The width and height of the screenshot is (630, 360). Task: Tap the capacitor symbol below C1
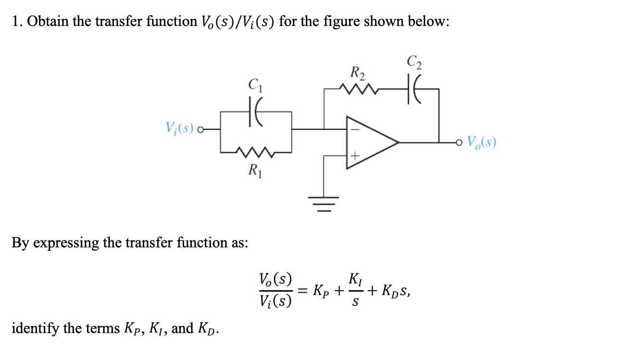(x=255, y=114)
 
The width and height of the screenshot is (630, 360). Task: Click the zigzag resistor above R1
(x=255, y=153)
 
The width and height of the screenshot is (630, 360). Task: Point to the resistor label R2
(x=357, y=74)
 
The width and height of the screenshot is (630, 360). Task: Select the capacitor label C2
(x=413, y=62)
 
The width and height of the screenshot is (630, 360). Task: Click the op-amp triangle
(x=370, y=142)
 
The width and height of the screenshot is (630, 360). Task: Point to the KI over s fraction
(x=355, y=290)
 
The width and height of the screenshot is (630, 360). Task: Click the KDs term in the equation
(x=394, y=291)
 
